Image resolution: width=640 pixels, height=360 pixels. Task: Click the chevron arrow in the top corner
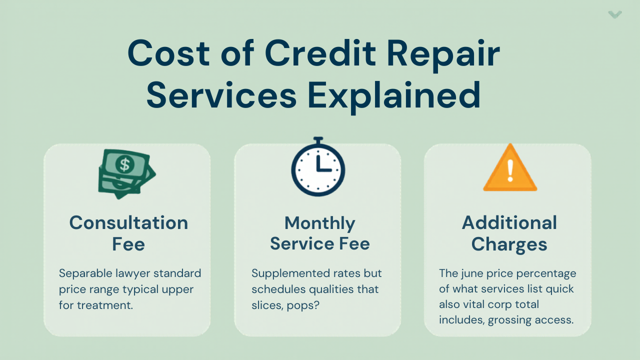pyautogui.click(x=615, y=14)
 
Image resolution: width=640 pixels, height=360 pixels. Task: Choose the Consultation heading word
pyautogui.click(x=128, y=222)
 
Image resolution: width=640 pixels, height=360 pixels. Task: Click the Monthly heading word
pyautogui.click(x=320, y=223)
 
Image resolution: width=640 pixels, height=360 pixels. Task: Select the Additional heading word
pyautogui.click(x=509, y=222)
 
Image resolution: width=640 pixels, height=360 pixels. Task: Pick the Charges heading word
pyautogui.click(x=509, y=244)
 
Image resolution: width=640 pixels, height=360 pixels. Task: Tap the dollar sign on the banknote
pyautogui.click(x=124, y=163)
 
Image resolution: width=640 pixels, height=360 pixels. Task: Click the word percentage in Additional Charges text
pyautogui.click(x=549, y=273)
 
